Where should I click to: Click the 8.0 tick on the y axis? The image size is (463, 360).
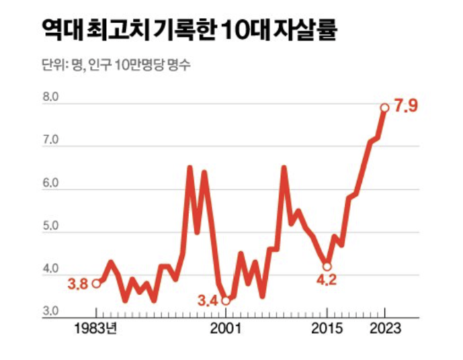(50, 98)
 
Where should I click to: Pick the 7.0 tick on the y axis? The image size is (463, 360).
(50, 141)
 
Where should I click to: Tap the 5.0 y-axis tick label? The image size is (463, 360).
(50, 227)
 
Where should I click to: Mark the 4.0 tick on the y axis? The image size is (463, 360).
(50, 269)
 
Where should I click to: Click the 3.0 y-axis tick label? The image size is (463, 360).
(50, 311)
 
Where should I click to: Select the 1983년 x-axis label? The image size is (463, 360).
(97, 329)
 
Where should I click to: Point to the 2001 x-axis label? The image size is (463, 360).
(225, 329)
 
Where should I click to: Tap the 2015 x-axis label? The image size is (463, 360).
(327, 329)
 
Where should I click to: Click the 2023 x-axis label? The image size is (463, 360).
(384, 329)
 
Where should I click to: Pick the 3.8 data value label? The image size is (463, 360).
(78, 285)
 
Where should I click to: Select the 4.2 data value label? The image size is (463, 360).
(327, 281)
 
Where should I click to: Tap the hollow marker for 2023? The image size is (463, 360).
(384, 107)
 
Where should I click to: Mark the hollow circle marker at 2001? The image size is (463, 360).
(226, 300)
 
